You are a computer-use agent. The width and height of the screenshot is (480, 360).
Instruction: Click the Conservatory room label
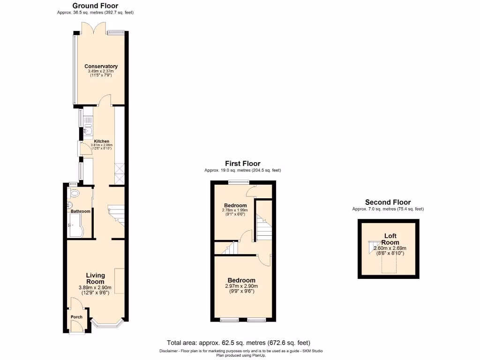tap(101, 66)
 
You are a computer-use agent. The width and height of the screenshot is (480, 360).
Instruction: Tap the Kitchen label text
tap(102, 141)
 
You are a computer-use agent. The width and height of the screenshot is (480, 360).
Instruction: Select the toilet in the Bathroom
tap(74, 194)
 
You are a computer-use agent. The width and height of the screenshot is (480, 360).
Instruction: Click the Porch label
tap(76, 317)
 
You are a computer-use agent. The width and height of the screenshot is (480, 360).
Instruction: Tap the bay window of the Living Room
tap(107, 322)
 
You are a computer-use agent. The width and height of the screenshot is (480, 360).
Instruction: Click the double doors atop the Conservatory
tap(94, 29)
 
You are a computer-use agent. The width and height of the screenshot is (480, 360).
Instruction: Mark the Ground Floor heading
tap(95, 6)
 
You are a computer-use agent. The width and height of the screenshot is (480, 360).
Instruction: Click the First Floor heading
tap(242, 164)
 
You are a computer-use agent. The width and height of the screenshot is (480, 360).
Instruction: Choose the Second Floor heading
tap(388, 202)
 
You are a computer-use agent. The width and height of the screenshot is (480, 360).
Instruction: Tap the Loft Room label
tap(390, 239)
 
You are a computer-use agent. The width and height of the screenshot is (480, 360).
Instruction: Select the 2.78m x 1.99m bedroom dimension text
tap(235, 210)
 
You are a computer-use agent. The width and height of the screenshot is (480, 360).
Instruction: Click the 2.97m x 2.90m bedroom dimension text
tap(242, 286)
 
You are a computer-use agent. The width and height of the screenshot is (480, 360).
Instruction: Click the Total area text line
tap(239, 343)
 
